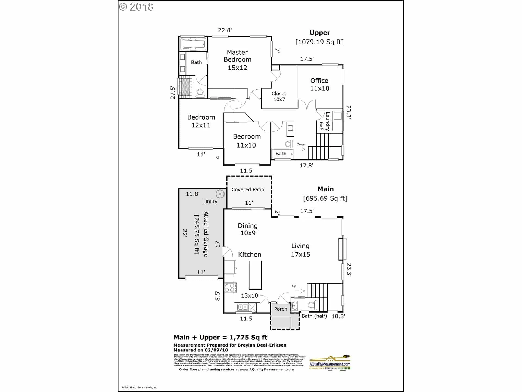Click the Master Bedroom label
click(237, 60)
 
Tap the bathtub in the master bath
click(193, 44)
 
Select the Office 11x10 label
click(319, 84)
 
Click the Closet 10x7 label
click(279, 96)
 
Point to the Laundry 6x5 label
click(325, 122)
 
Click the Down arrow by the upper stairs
click(302, 149)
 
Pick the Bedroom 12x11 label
click(201, 121)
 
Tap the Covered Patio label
click(248, 189)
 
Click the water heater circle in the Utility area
click(220, 194)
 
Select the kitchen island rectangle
click(255, 275)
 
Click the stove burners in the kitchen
click(230, 288)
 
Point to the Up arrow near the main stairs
click(301, 291)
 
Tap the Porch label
click(281, 309)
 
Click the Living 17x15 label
click(300, 250)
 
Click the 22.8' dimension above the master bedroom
click(225, 30)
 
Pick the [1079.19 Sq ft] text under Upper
click(319, 42)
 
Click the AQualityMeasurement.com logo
click(330, 363)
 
